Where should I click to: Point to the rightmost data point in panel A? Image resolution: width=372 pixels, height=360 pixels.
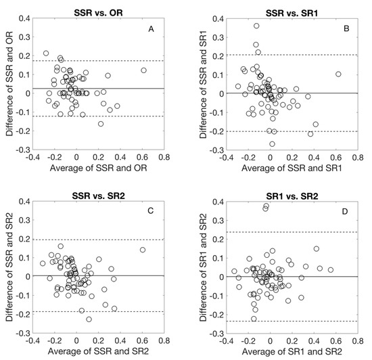point(143,70)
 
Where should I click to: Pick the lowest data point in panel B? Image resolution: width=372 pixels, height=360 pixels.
point(273,143)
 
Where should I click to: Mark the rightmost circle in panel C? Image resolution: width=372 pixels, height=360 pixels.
point(143,250)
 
